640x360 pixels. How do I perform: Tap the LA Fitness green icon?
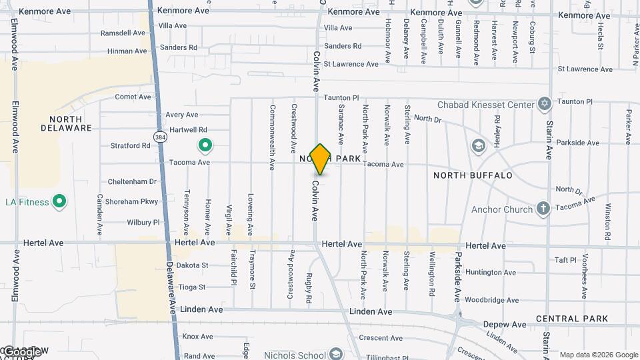(59, 201)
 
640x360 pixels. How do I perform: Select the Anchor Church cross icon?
(543, 209)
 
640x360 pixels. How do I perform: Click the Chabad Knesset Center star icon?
(545, 104)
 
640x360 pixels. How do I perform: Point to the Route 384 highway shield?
(160, 137)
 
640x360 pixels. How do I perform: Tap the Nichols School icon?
(335, 354)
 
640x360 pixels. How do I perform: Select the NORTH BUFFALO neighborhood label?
(473, 175)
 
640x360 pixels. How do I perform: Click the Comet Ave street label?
(133, 97)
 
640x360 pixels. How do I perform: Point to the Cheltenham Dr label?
(131, 181)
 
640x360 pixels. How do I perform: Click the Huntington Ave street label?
(491, 272)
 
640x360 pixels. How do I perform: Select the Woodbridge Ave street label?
(492, 300)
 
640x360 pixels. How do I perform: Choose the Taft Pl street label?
(565, 260)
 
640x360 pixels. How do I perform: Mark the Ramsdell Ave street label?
(123, 33)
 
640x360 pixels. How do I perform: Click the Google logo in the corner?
(22, 351)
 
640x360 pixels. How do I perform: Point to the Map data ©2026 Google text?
(599, 355)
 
